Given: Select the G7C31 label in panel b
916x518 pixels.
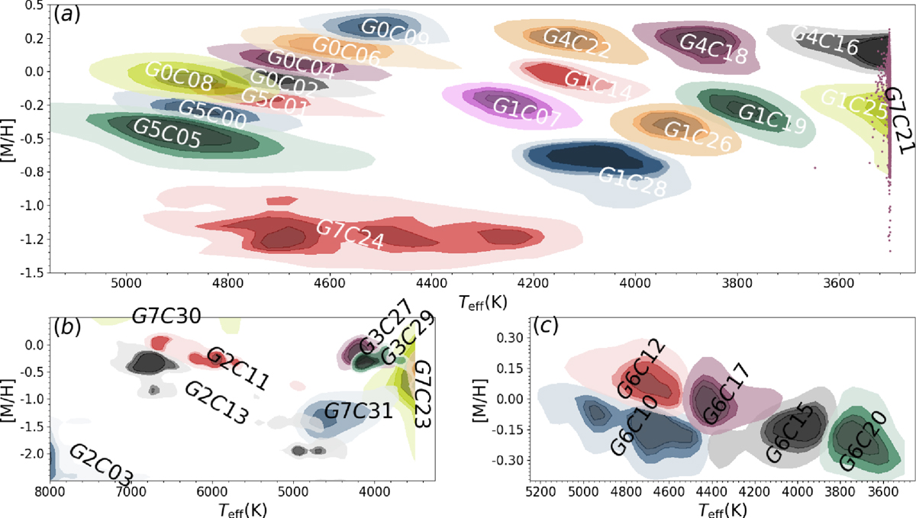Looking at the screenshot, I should tap(359, 412).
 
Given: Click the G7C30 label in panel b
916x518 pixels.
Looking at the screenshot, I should tap(166, 316).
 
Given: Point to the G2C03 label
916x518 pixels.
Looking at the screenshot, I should tap(101, 465).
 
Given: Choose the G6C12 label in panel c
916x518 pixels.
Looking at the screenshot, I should tap(636, 369).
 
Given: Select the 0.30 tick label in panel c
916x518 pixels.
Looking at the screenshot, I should tap(507, 337).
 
